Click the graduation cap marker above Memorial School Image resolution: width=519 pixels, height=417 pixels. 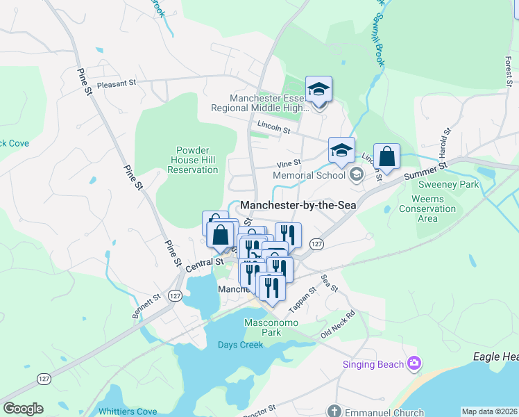(341, 151)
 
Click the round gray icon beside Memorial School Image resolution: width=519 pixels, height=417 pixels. (357, 174)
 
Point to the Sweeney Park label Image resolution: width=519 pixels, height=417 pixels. (449, 185)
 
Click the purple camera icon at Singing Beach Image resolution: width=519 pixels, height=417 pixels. (414, 362)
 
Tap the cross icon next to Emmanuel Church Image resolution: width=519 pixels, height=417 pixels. (335, 411)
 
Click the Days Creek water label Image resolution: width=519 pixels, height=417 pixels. (240, 345)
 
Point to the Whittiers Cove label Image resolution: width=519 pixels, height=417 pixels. (128, 411)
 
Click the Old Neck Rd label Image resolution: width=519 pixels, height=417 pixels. (337, 324)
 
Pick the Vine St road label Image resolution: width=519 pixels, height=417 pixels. (288, 164)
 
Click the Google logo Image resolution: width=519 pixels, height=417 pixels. (23, 408)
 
